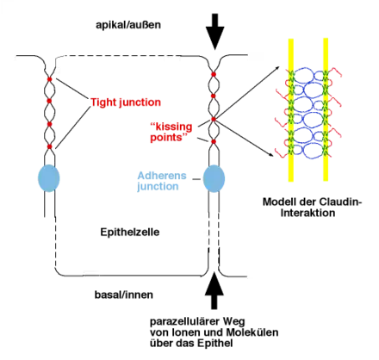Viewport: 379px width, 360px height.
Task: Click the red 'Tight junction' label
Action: click(x=126, y=102)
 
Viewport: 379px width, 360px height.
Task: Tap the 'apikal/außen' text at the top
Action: click(x=128, y=25)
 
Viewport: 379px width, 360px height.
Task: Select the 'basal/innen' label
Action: click(x=124, y=295)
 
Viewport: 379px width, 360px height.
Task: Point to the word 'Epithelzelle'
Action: click(x=130, y=232)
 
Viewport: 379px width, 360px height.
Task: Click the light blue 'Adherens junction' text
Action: click(x=162, y=181)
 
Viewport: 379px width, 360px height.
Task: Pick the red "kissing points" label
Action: click(x=171, y=132)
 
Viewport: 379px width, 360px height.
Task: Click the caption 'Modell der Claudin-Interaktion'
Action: click(x=312, y=208)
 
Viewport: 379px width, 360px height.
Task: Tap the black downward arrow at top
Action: click(x=214, y=32)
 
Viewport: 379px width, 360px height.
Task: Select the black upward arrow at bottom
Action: click(x=214, y=290)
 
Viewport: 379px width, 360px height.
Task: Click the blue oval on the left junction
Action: click(x=49, y=178)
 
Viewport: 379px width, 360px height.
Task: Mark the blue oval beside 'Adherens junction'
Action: click(x=214, y=178)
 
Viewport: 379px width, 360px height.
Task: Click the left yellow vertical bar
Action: click(x=291, y=110)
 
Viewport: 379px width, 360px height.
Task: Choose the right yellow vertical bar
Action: click(x=326, y=109)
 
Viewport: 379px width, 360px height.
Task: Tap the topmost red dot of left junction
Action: click(x=49, y=79)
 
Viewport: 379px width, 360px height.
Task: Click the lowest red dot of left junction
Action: click(x=49, y=146)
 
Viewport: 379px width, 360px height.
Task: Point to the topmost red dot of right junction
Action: click(x=214, y=74)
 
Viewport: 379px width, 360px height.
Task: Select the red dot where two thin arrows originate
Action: click(x=214, y=119)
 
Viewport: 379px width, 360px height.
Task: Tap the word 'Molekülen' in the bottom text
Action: click(x=252, y=332)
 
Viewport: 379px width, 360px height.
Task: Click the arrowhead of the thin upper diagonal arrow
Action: click(x=277, y=68)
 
